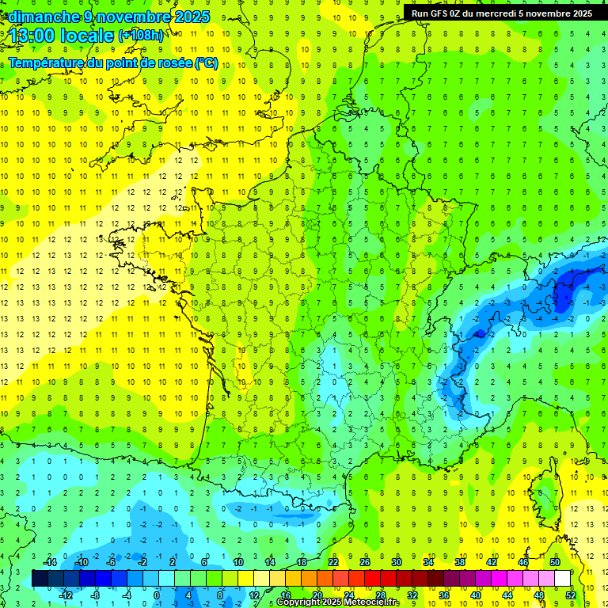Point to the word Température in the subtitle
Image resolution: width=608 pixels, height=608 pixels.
[46, 63]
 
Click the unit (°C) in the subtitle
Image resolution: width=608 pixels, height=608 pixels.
[207, 63]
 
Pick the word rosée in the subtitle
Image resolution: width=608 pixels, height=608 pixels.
[171, 63]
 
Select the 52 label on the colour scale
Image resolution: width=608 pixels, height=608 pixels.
[571, 595]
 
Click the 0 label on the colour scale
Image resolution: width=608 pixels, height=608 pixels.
[157, 595]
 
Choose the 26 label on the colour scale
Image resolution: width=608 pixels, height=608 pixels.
[365, 562]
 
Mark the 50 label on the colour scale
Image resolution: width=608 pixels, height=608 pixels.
[555, 562]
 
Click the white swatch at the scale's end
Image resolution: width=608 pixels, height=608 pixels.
[562, 579]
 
